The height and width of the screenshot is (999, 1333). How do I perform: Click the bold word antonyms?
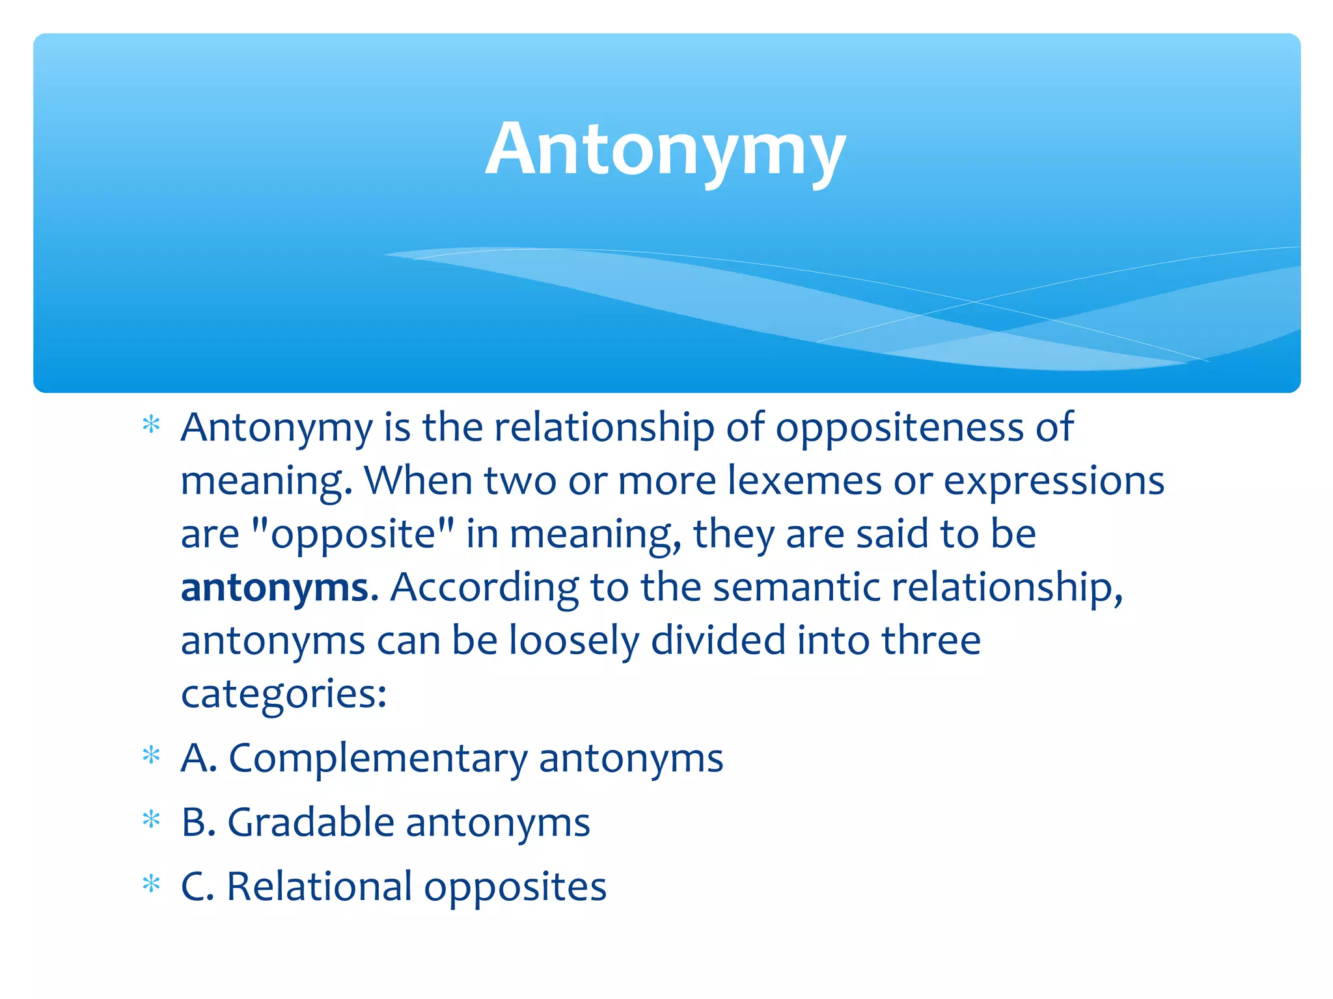pos(275,587)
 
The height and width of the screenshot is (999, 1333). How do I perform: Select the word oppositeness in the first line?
pos(899,428)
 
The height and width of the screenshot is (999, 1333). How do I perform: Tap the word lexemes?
pos(804,481)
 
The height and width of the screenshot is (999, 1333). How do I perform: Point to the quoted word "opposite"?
pos(352,535)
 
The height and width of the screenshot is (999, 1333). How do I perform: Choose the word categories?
pos(284,694)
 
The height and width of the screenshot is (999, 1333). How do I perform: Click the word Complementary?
pos(378,758)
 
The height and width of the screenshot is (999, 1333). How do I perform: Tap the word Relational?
pos(319,886)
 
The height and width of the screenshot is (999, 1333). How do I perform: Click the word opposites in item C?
pos(515,886)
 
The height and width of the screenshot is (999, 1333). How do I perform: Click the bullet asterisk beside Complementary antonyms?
pos(151,756)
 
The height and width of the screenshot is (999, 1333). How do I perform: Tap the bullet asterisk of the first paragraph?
pos(151,425)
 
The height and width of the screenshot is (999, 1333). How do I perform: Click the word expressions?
pos(1054,481)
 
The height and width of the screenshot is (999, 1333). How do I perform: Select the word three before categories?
pos(931,641)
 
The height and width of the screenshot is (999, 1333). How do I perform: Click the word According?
pos(484,587)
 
